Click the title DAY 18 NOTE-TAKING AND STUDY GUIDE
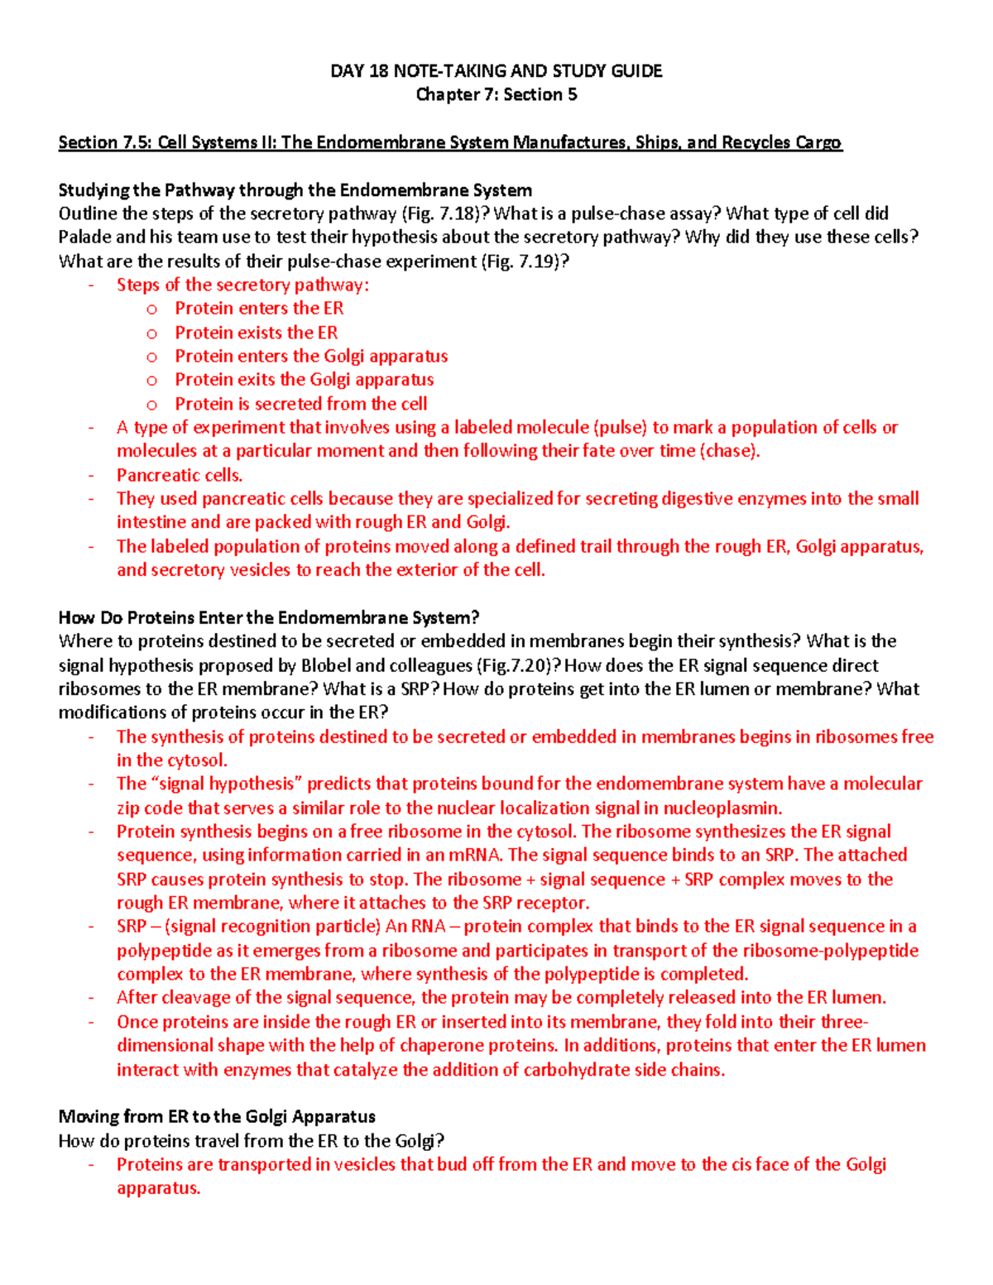496,71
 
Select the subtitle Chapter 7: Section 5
496,94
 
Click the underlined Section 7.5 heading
449,142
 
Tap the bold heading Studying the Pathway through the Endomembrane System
295,190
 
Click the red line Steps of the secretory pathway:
242,285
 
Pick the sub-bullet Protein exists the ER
256,333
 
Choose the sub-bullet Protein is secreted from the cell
300,404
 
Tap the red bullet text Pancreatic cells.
180,476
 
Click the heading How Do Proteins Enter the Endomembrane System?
269,618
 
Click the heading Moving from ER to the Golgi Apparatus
217,1117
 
